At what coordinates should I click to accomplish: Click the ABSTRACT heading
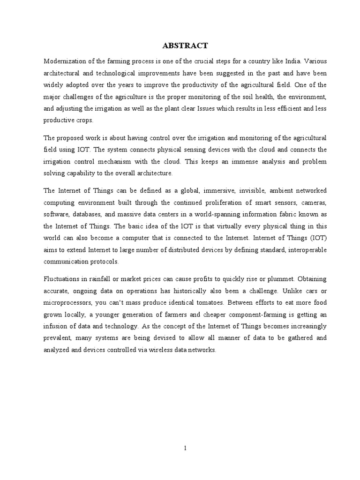pyautogui.click(x=185, y=45)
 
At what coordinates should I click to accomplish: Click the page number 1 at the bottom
pyautogui.click(x=185, y=448)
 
